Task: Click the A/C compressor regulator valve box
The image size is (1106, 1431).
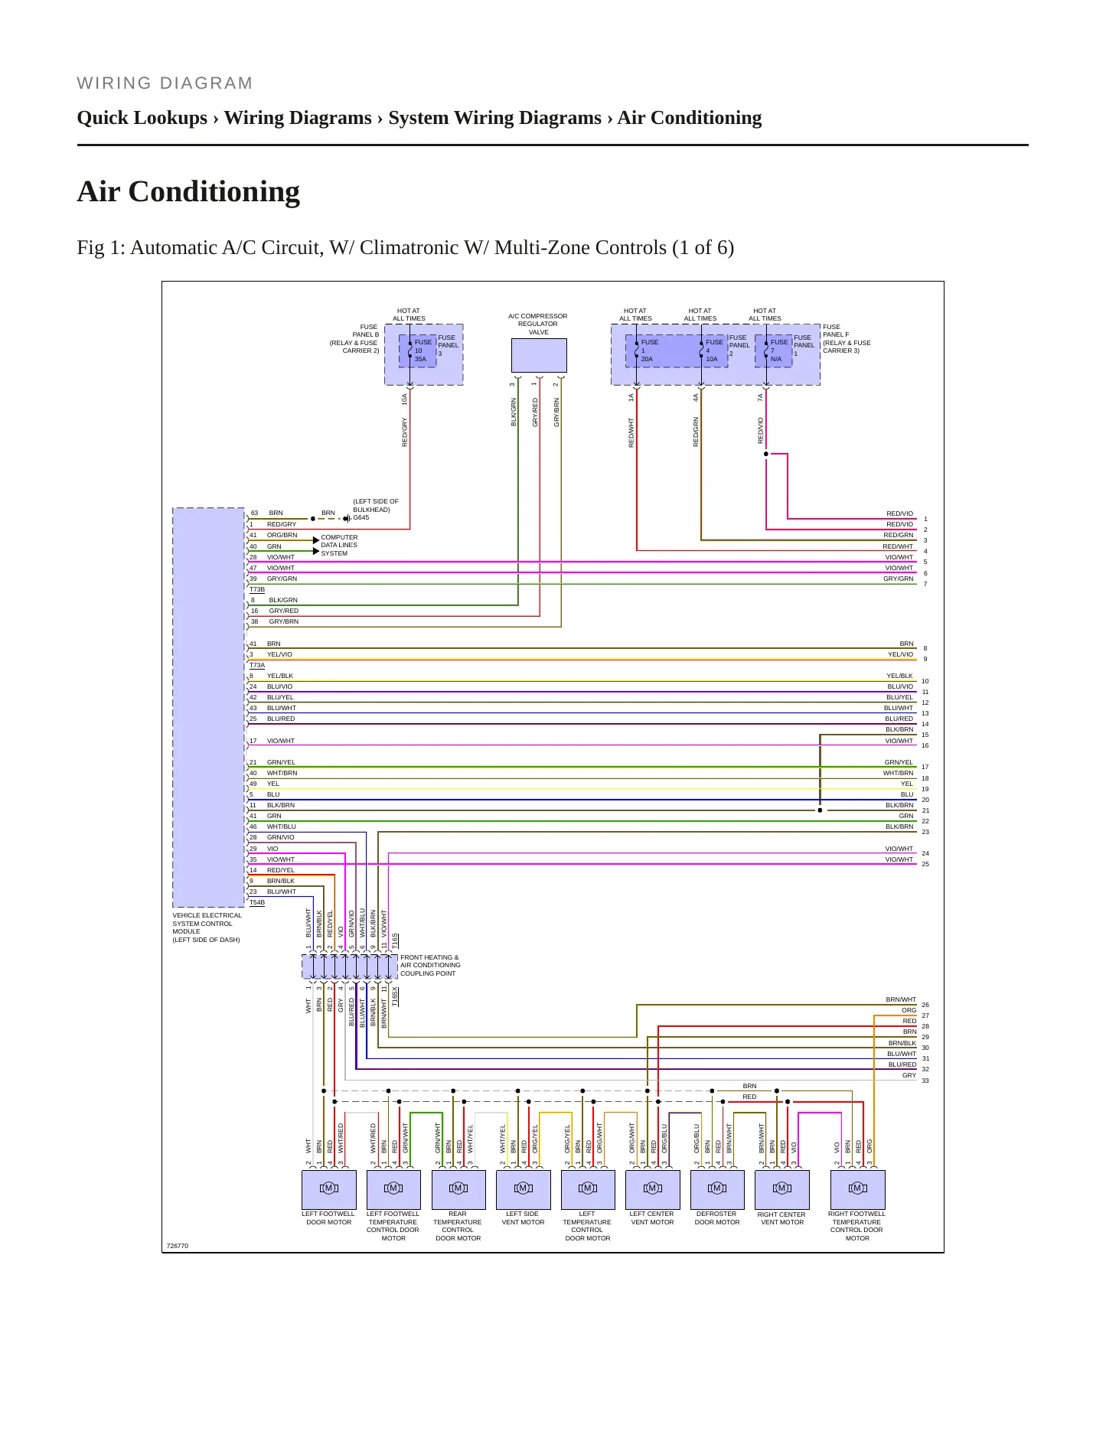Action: [539, 355]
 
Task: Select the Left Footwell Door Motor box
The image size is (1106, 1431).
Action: [329, 1189]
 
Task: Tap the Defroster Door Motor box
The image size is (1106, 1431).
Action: [717, 1189]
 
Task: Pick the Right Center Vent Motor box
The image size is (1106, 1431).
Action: [781, 1189]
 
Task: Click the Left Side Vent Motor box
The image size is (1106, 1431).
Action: [524, 1189]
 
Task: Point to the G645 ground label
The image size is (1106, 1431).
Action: [361, 518]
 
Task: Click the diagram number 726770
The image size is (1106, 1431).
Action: [178, 1246]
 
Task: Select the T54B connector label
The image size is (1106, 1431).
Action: [257, 903]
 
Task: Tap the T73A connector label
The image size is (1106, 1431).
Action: [257, 666]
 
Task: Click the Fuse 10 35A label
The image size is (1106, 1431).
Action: [422, 350]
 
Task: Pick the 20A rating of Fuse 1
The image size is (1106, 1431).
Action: [648, 359]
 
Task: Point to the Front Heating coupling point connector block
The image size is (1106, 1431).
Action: [351, 966]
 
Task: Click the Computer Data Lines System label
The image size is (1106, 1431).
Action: [339, 546]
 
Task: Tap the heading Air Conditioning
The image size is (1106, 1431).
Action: [188, 191]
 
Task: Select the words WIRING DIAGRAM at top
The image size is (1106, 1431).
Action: [165, 83]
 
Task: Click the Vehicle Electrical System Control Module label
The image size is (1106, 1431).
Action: [207, 927]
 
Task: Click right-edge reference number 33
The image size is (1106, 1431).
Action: [925, 1081]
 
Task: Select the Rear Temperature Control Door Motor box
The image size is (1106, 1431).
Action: [458, 1189]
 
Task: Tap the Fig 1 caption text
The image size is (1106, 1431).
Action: [406, 248]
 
